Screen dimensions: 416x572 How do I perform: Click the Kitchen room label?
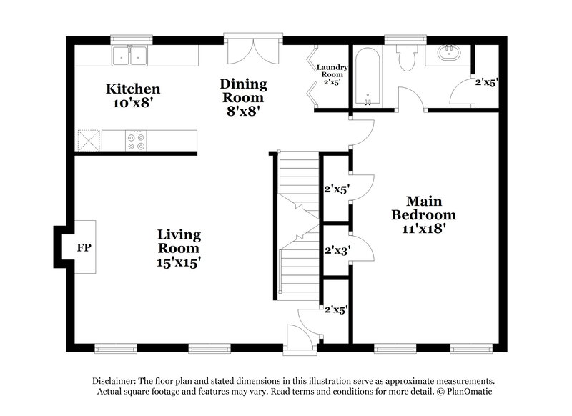132,89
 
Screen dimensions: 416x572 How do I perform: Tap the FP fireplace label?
84,248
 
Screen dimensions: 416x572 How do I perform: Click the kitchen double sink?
129,54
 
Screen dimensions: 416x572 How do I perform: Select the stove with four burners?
135,140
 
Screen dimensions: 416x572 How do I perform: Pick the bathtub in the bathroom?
365,76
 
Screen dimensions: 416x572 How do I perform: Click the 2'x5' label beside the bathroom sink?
486,82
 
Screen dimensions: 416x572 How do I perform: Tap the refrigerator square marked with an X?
88,140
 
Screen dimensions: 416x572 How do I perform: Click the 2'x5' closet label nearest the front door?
335,310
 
